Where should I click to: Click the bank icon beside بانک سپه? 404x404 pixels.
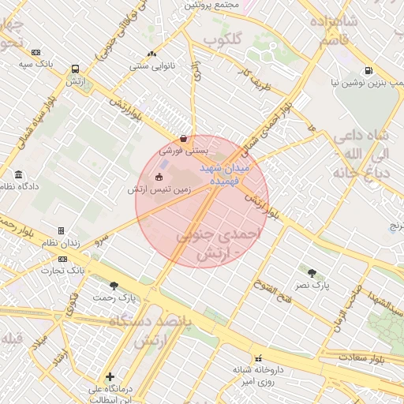click(36, 52)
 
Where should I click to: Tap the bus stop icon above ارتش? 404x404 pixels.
click(75, 69)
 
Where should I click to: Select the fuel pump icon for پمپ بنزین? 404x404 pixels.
click(369, 69)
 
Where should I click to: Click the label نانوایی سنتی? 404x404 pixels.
click(151, 66)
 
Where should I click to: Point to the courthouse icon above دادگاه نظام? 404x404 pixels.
click(19, 174)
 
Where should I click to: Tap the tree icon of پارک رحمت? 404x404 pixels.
click(114, 286)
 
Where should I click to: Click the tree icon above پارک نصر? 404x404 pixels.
click(312, 273)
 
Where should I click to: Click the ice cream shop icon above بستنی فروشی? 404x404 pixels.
click(183, 138)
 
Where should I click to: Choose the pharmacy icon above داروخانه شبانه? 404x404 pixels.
click(258, 357)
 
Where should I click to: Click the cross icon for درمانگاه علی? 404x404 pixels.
click(110, 376)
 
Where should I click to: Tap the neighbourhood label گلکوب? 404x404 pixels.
click(222, 39)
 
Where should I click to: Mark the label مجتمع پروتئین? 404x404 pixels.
click(211, 5)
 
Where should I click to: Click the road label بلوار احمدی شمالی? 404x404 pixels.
click(265, 126)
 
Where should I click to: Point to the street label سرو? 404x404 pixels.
click(100, 239)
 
